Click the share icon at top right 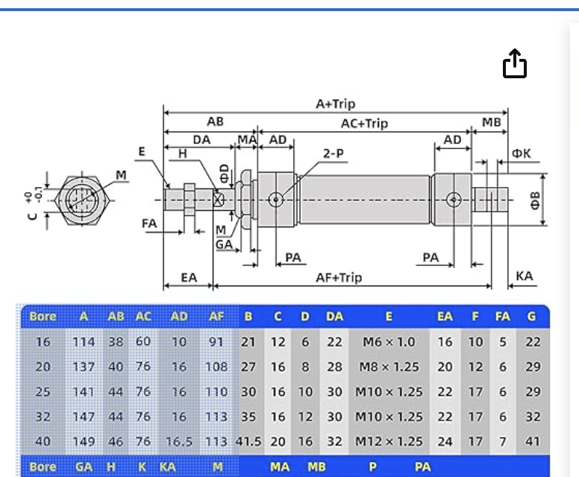coord(515,63)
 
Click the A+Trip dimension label coord(335,104)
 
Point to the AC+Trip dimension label coord(364,123)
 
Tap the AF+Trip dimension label coord(339,277)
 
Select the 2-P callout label coord(333,153)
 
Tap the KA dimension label coord(525,276)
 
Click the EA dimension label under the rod coord(189,277)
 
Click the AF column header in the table coord(216,317)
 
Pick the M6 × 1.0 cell coord(388,342)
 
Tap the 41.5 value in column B coord(248,441)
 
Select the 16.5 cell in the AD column coord(179,441)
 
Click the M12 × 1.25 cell coord(388,441)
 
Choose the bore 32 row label coord(43,417)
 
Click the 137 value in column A coord(84,367)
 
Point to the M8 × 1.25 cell coord(388,367)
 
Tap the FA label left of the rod coord(149,223)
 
